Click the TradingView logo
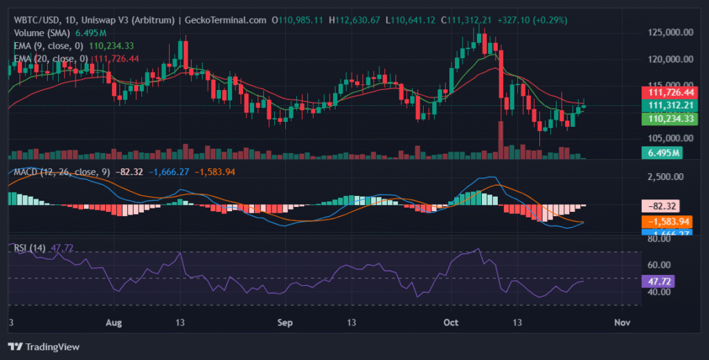click(44, 346)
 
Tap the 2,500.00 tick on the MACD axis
click(666, 177)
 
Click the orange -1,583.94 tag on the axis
click(666, 222)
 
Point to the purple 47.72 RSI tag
click(661, 282)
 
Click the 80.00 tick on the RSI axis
click(660, 240)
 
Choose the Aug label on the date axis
click(116, 323)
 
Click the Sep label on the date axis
click(285, 323)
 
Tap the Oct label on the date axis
click(451, 323)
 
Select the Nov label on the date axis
click(622, 323)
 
